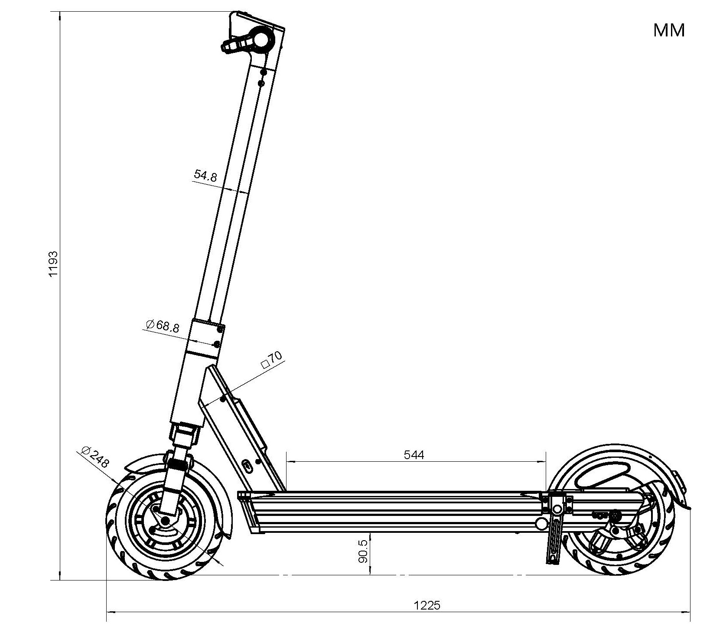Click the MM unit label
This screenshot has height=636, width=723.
(x=669, y=30)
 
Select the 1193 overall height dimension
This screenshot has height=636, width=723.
(x=53, y=263)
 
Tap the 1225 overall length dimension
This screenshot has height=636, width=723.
(x=427, y=605)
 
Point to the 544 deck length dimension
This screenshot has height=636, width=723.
(x=414, y=454)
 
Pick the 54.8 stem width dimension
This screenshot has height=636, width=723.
(x=205, y=175)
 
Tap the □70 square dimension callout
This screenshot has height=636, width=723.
(x=272, y=359)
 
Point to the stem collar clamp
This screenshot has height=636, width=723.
(x=206, y=337)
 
